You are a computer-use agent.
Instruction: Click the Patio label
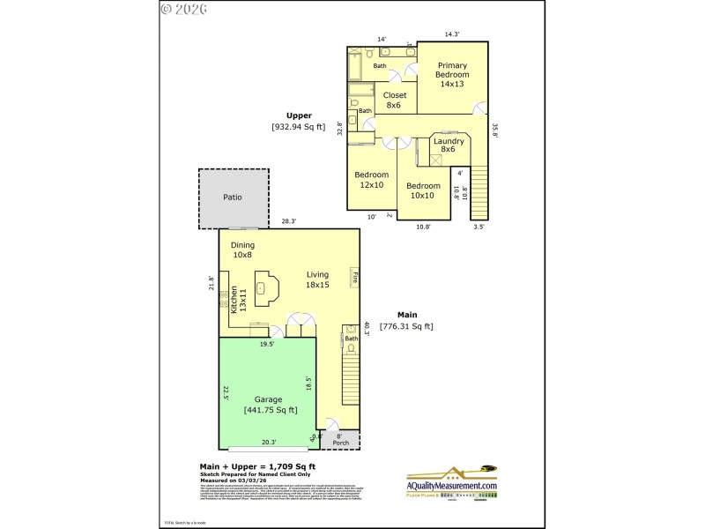(x=233, y=197)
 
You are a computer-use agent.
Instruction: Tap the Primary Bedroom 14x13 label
(x=452, y=75)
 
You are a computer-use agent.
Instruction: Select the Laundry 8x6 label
(x=449, y=145)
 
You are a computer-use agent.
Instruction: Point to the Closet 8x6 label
(x=393, y=100)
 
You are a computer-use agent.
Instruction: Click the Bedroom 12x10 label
(x=371, y=180)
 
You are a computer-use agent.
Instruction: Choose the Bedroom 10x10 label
(x=423, y=190)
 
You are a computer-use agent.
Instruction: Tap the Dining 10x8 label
(x=242, y=250)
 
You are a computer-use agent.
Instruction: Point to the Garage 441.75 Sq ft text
(x=270, y=405)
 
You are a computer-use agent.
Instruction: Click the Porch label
(x=341, y=443)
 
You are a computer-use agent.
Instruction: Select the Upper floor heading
(x=299, y=115)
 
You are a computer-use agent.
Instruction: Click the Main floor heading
(x=406, y=315)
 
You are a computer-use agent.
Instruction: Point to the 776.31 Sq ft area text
(x=406, y=326)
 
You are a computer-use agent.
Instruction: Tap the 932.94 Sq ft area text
(x=299, y=127)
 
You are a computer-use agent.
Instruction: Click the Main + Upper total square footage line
(x=258, y=466)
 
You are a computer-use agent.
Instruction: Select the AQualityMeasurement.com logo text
(x=452, y=486)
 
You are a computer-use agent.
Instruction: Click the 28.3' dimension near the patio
(x=288, y=221)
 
